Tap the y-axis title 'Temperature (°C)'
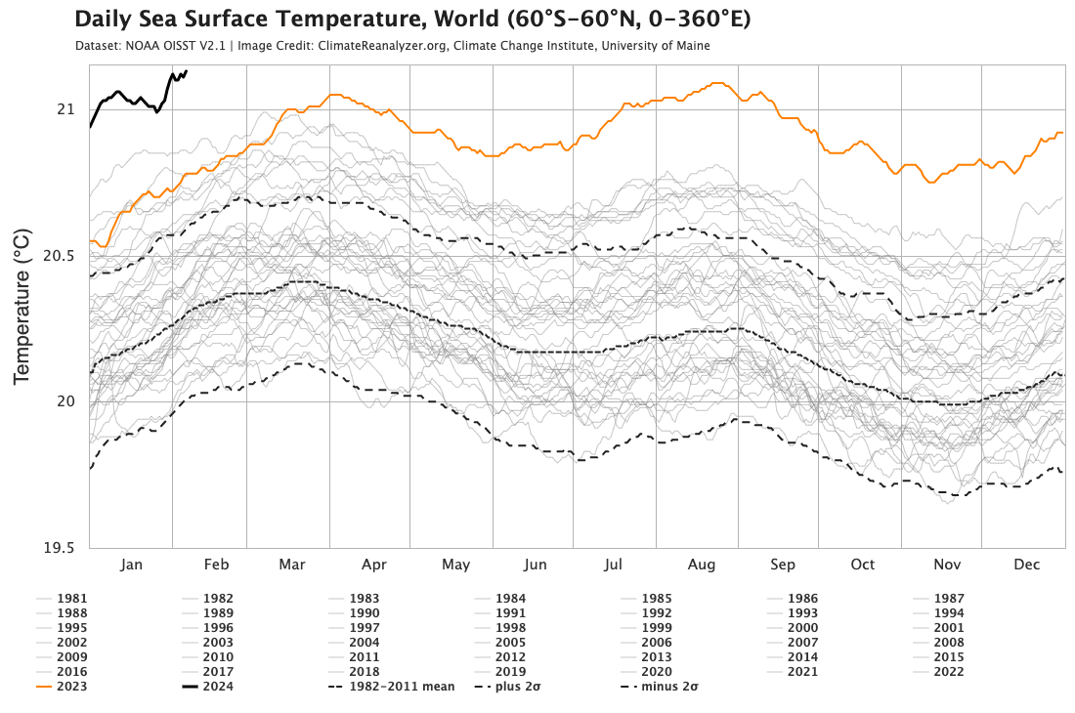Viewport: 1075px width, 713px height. tap(22, 307)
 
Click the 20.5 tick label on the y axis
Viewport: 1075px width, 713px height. tap(57, 255)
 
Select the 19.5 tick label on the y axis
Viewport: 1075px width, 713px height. tap(57, 548)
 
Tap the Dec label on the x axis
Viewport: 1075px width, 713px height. tap(1026, 565)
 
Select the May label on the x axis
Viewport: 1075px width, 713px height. tap(455, 565)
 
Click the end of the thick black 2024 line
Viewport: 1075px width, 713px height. tap(186, 70)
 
